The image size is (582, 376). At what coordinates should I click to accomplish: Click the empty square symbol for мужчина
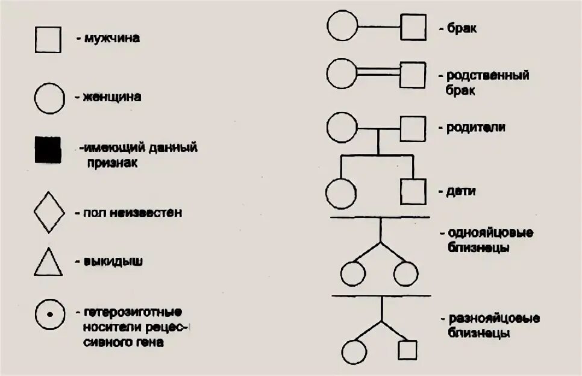49,40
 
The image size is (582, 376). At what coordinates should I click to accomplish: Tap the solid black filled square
49,149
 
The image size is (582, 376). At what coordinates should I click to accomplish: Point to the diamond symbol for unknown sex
49,211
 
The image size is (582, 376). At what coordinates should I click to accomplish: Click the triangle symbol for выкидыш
49,263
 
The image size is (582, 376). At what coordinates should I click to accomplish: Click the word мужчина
112,39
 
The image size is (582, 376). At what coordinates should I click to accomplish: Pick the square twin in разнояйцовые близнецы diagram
408,350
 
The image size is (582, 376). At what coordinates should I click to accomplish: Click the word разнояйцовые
493,319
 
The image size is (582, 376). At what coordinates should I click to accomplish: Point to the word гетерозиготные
133,312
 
